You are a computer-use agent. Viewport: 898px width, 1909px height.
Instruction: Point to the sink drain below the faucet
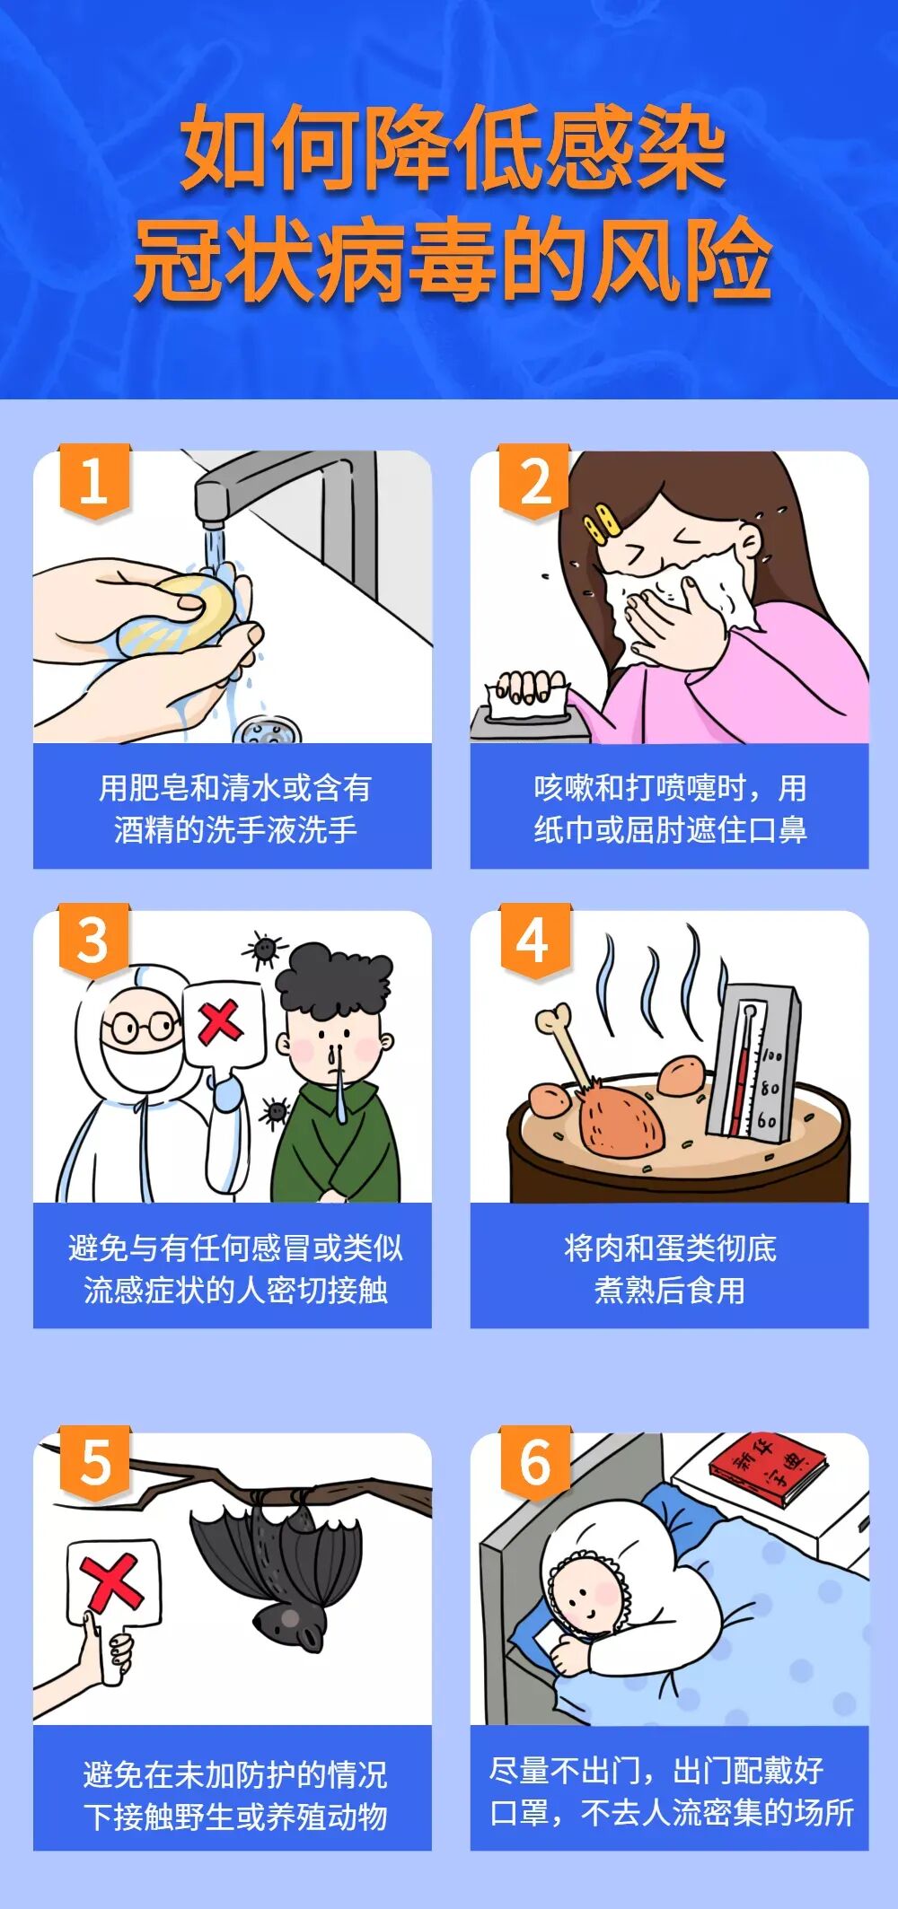click(267, 729)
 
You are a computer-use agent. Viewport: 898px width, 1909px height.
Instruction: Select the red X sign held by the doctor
click(221, 1023)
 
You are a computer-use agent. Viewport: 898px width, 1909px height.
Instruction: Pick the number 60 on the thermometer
click(766, 1121)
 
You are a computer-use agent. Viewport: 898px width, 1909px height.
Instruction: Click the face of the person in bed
click(584, 1598)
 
